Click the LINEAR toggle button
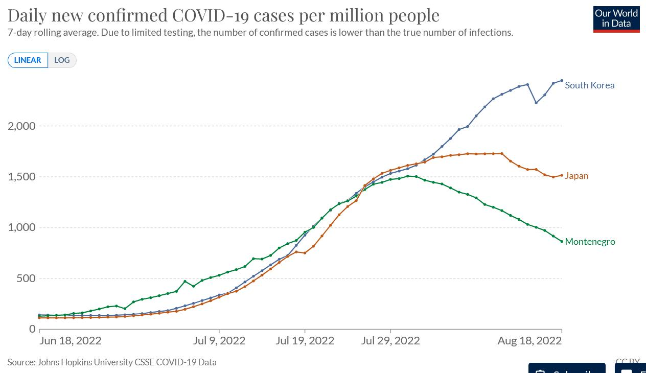pos(28,60)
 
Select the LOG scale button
pos(62,60)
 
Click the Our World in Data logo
pos(616,19)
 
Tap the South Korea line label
pos(589,85)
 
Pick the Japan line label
pos(576,176)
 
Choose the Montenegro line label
pos(590,242)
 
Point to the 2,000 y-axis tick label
pos(21,126)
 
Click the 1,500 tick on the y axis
pos(21,177)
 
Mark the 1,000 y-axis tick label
pos(21,227)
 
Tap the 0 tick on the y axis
pos(32,329)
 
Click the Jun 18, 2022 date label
pos(71,341)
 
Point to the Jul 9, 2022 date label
pos(219,341)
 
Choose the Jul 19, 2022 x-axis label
pos(305,341)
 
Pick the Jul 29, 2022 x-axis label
pos(390,341)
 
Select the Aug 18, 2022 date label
pos(529,341)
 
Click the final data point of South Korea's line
pos(562,81)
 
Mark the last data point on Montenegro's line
pos(562,242)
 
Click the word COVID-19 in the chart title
pos(211,15)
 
